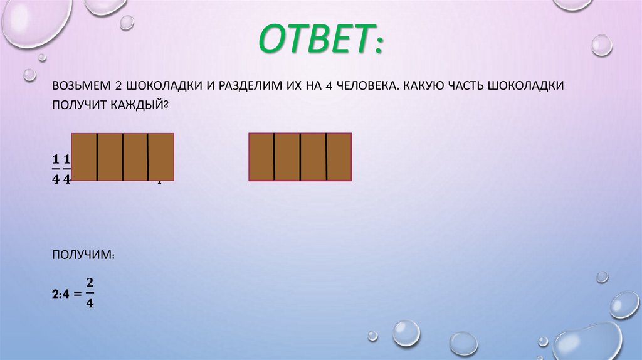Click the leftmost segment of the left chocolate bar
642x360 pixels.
click(x=84, y=157)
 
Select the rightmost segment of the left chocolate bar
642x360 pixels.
click(x=161, y=157)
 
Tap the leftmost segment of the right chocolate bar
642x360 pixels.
click(x=261, y=157)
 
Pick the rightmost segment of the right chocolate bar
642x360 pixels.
click(x=339, y=157)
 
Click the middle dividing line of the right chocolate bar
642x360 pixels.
click(x=300, y=157)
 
